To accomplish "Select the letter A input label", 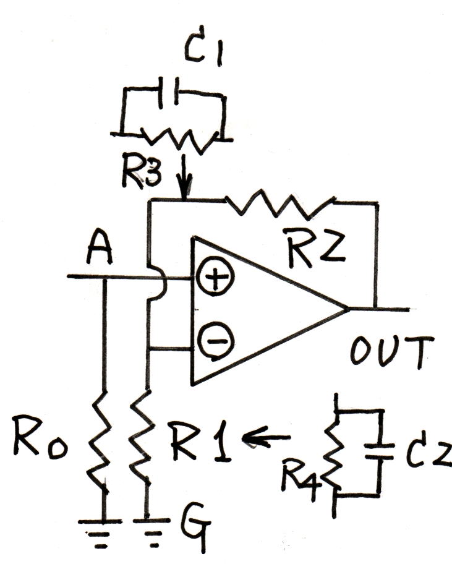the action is click(100, 249).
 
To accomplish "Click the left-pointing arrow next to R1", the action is click(267, 437).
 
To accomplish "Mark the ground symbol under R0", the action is click(100, 532).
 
